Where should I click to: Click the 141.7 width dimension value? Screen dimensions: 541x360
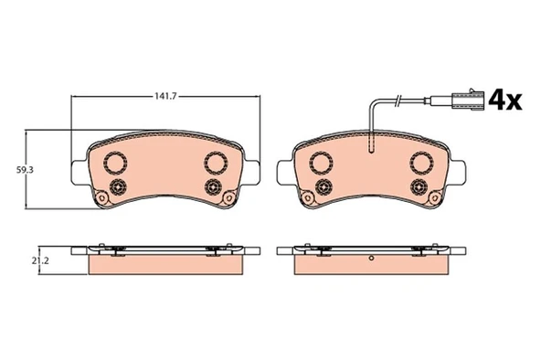(x=165, y=97)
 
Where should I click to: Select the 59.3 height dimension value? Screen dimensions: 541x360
(x=25, y=170)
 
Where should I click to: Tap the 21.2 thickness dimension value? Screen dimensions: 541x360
(x=40, y=261)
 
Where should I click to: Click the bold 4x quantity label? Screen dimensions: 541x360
(x=505, y=100)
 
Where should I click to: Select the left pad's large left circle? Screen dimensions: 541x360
(x=115, y=163)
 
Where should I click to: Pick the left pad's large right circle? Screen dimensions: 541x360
(x=216, y=163)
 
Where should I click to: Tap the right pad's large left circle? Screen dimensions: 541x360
(x=322, y=163)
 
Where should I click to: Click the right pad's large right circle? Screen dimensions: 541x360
(x=421, y=163)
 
